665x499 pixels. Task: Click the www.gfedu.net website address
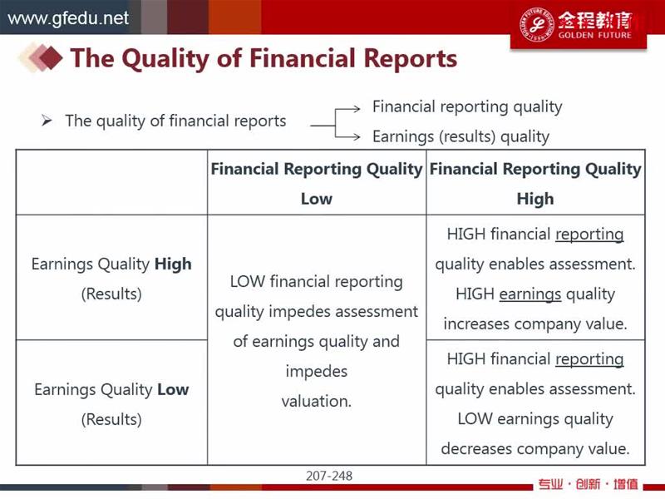[68, 18]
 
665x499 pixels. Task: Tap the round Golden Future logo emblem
[536, 24]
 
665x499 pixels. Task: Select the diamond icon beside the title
[41, 57]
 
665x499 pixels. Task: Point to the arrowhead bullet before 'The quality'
[47, 121]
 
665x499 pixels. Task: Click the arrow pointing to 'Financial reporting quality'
[347, 109]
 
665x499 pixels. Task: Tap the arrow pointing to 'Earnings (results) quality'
[347, 136]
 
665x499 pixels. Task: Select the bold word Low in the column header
[317, 199]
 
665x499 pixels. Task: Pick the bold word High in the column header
[535, 199]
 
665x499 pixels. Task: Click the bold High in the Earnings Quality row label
[173, 264]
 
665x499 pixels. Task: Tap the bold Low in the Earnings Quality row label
[173, 389]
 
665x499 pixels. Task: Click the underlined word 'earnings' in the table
[530, 294]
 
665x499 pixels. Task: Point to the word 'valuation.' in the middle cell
[317, 401]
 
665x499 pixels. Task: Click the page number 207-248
[329, 476]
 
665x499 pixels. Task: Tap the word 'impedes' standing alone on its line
[317, 372]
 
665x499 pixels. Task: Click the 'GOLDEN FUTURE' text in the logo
[594, 35]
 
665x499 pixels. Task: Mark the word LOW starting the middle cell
[247, 281]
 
